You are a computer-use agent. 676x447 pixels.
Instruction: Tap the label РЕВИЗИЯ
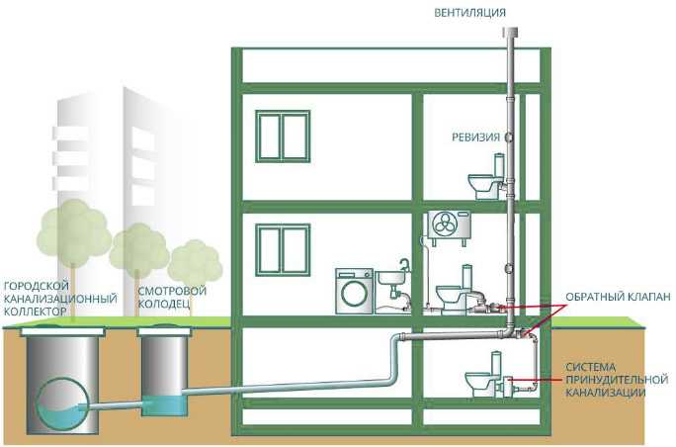point(474,136)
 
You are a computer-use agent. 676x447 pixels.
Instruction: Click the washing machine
point(354,292)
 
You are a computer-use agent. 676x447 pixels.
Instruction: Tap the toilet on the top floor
point(486,180)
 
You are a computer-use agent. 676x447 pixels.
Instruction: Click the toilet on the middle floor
point(456,291)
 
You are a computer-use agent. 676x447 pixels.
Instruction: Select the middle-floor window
point(283,246)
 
